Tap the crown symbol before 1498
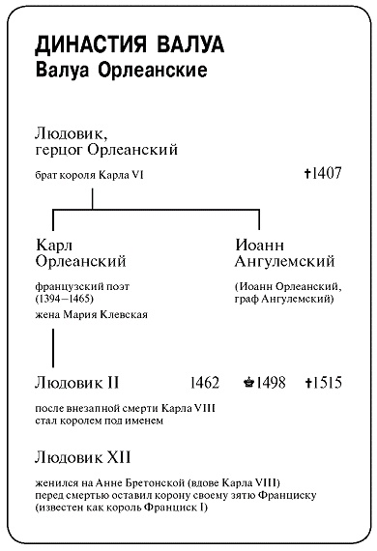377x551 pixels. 248,383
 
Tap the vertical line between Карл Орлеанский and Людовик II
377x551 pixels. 52,344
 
